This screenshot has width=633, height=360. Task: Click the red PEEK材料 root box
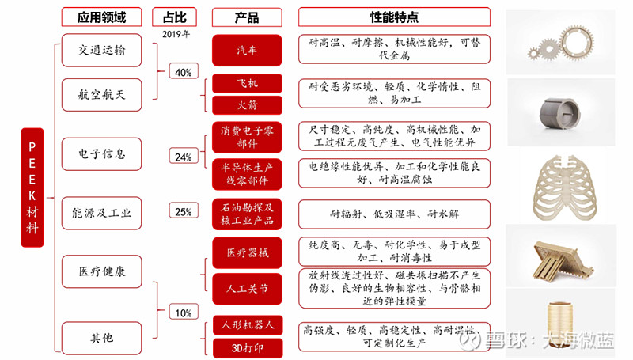32,188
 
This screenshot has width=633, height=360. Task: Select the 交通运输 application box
102,50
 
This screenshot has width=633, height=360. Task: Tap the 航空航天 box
102,95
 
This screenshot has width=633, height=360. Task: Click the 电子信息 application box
102,153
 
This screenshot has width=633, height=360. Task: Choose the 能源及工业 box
102,213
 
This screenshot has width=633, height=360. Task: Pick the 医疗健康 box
102,271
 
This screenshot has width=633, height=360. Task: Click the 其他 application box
102,338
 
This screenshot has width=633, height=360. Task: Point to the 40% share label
184,71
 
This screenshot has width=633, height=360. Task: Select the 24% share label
184,156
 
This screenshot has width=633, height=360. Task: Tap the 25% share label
184,210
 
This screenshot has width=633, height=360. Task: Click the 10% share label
184,312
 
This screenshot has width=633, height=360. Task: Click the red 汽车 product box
247,51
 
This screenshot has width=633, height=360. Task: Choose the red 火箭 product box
247,105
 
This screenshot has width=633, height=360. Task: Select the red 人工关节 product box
247,289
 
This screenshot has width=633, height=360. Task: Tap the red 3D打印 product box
247,348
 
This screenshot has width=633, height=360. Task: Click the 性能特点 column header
394,17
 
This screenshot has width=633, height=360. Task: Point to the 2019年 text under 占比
176,34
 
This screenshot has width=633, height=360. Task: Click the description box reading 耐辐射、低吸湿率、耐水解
394,214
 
